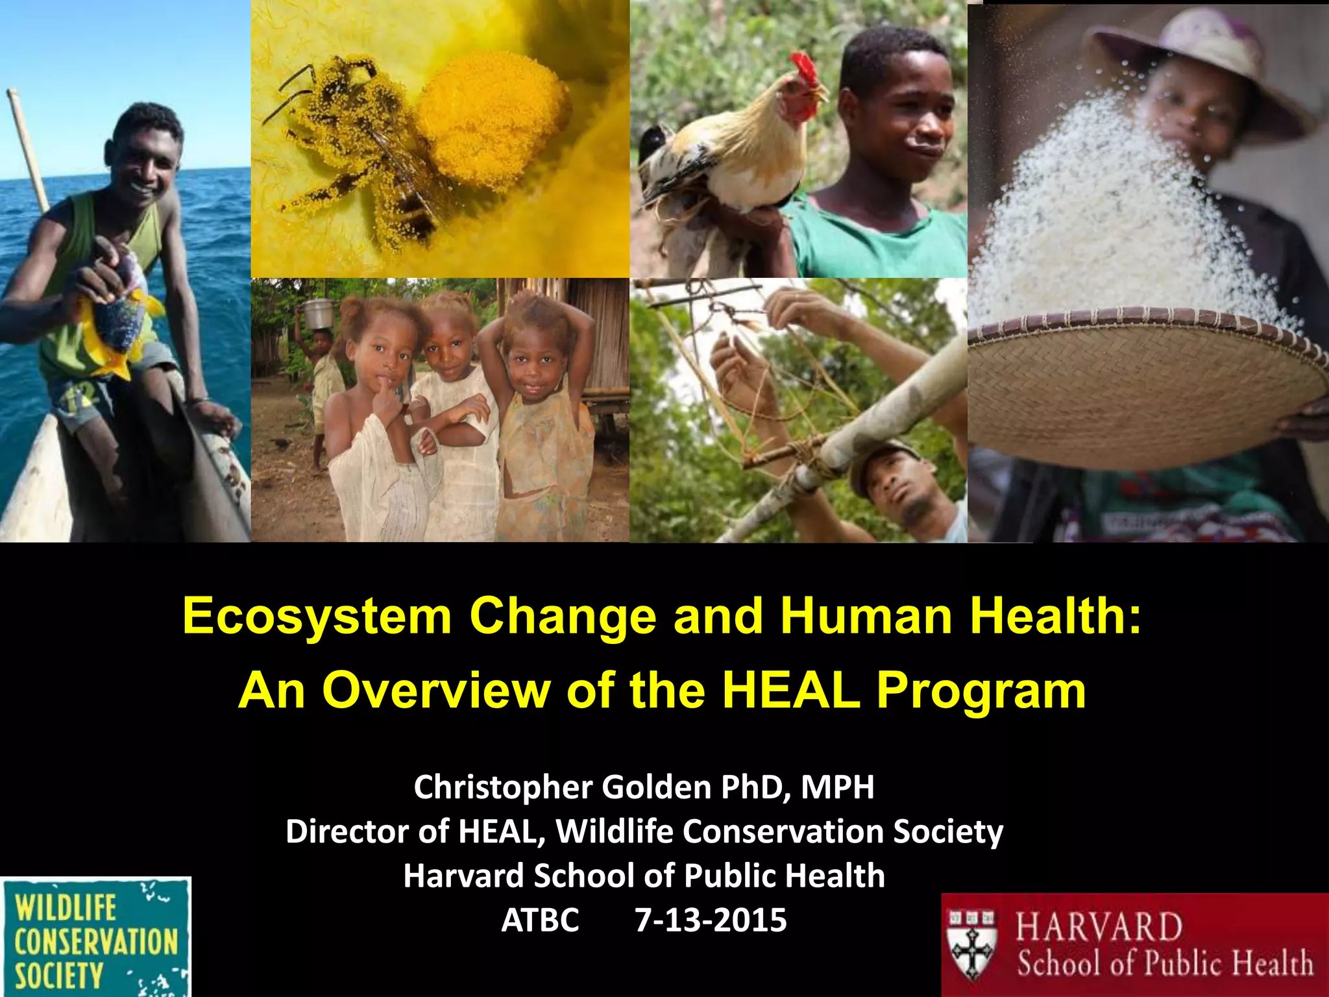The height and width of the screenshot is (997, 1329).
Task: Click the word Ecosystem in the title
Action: tap(317, 617)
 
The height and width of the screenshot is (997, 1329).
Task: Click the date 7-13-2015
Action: tap(711, 920)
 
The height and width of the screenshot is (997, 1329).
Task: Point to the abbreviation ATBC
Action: tap(540, 920)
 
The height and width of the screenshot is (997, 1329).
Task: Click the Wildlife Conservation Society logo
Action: tap(95, 937)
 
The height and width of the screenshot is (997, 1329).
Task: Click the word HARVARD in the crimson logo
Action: tap(1099, 927)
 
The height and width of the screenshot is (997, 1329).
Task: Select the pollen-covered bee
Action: tap(363, 143)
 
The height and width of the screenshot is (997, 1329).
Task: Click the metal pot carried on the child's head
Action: tap(317, 314)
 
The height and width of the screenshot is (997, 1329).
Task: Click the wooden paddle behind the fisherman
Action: tap(28, 149)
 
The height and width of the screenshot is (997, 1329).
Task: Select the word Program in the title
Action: tap(981, 691)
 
